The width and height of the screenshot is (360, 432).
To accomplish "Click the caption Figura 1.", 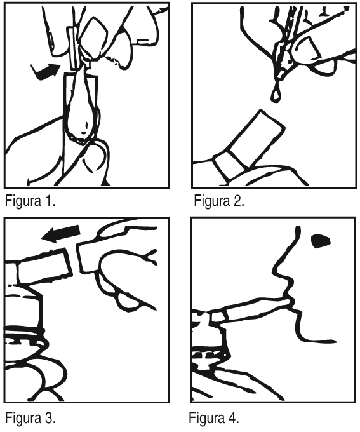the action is click(30, 201).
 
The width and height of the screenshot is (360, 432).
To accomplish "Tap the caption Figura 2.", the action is click(219, 201).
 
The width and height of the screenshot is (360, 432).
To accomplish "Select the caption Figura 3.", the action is click(30, 417).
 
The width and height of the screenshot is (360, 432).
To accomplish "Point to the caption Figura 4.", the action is click(214, 417).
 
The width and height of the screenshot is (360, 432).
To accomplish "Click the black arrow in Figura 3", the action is click(61, 234).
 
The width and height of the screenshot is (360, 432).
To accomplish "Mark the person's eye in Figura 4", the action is click(321, 241).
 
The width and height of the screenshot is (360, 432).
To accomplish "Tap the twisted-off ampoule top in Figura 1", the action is click(74, 48).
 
